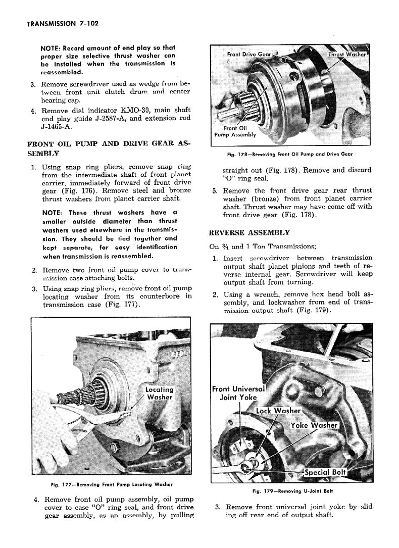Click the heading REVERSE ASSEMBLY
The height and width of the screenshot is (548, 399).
[x=250, y=232]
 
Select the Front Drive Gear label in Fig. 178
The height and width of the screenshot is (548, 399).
[x=250, y=54]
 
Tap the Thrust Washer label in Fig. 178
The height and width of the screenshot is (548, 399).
[x=346, y=54]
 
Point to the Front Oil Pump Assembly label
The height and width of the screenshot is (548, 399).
[x=235, y=131]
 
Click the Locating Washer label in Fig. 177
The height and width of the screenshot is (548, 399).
[x=159, y=393]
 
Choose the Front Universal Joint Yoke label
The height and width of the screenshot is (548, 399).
[x=238, y=392]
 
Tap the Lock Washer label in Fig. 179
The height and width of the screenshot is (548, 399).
[x=278, y=411]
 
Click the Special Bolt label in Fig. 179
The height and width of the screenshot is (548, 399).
[x=325, y=472]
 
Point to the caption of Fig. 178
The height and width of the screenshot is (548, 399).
[x=288, y=154]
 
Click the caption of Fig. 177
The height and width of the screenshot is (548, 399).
[x=112, y=485]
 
